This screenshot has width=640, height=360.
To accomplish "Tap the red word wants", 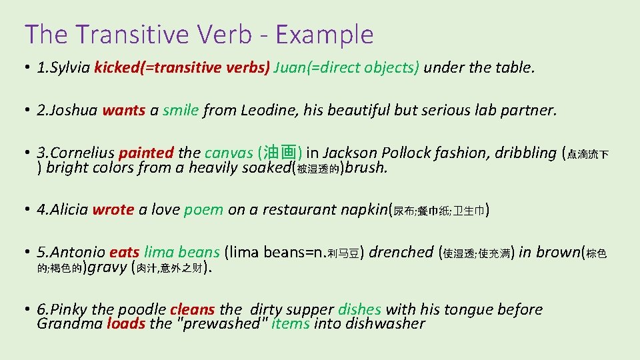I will pyautogui.click(x=123, y=110).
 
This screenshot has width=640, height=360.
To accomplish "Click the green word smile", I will pyautogui.click(x=180, y=110).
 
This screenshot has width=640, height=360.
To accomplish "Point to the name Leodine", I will pyautogui.click(x=265, y=110).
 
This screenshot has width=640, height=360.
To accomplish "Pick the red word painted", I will pyautogui.click(x=147, y=153).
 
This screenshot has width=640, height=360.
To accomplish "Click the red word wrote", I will pyautogui.click(x=113, y=209).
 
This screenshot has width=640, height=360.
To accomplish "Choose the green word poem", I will pyautogui.click(x=203, y=209).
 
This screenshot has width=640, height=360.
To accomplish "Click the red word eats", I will pyautogui.click(x=124, y=252).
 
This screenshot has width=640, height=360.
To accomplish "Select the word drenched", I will pyautogui.click(x=401, y=252).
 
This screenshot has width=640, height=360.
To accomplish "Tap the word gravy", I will pyautogui.click(x=107, y=267).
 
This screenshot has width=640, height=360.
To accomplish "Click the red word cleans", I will pyautogui.click(x=193, y=309).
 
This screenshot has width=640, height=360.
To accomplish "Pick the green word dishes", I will pyautogui.click(x=359, y=309).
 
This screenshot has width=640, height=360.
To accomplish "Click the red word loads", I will pyautogui.click(x=126, y=324).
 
